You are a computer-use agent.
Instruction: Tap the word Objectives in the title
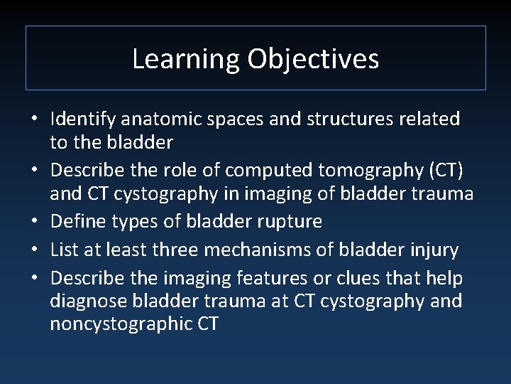pyautogui.click(x=313, y=59)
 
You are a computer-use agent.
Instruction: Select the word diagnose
pyautogui.click(x=91, y=301)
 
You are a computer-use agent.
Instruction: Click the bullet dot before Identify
pyautogui.click(x=33, y=119)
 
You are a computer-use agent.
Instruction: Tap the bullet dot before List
pyautogui.click(x=33, y=250)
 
